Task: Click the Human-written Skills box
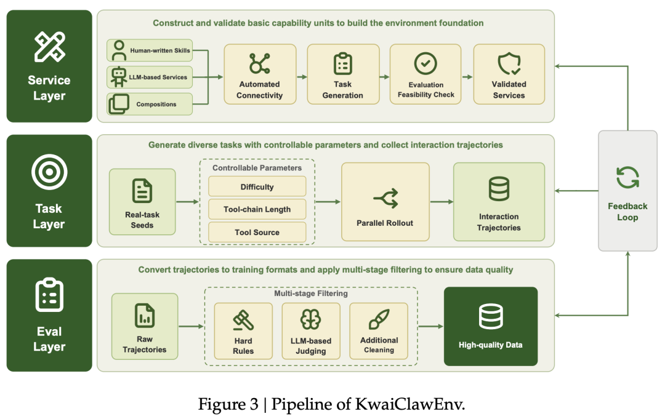tap(150, 50)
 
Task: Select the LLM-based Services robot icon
tap(118, 77)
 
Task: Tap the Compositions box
tap(150, 104)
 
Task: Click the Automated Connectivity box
tap(260, 74)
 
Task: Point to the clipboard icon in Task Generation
tap(343, 64)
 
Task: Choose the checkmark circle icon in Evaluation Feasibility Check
tap(425, 63)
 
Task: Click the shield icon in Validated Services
tap(509, 64)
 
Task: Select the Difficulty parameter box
tap(257, 187)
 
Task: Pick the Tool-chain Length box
tap(257, 209)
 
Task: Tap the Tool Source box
tap(257, 232)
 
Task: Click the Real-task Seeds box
tap(142, 202)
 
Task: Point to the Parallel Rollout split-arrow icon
tap(386, 198)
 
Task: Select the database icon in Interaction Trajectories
tap(499, 189)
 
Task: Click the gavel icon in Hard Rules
tap(243, 321)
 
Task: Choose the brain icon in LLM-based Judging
tap(310, 319)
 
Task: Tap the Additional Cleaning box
tap(379, 331)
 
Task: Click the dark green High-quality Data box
tap(491, 326)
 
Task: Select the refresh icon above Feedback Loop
tap(627, 178)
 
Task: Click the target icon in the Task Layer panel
tap(49, 172)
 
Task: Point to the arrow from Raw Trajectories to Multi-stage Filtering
tap(191, 326)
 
